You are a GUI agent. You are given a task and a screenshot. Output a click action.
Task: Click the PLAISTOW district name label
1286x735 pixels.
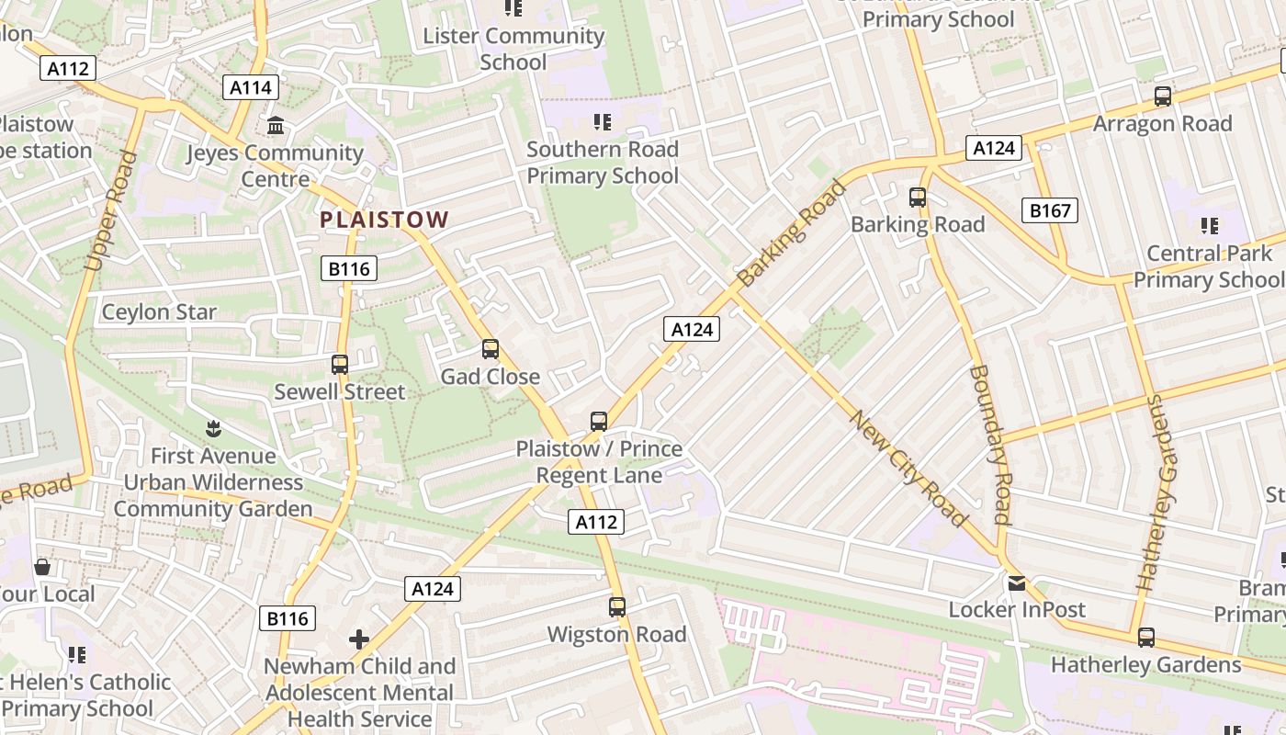coord(384,220)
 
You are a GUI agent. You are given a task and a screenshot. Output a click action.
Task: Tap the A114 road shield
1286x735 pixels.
coord(251,87)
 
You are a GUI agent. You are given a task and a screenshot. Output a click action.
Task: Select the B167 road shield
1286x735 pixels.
coord(1049,210)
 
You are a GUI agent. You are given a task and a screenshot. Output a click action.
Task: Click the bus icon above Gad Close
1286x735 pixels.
coord(491,349)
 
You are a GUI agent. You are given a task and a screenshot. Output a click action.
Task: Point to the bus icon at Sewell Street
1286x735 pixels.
coord(340,365)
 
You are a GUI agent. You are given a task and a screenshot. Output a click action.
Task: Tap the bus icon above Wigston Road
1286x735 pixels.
coord(617,607)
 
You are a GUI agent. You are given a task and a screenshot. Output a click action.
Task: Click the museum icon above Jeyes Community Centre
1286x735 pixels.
coord(275,125)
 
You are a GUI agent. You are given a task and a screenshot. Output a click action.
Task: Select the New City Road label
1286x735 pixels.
coord(908,469)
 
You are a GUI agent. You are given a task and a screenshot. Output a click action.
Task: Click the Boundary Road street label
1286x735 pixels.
coord(989,445)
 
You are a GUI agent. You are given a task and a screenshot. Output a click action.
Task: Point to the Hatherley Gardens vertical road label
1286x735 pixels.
coord(1156,492)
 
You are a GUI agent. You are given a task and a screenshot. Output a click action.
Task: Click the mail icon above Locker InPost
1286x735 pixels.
coord(1017,582)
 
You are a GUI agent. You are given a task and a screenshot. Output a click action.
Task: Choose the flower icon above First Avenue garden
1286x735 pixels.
coord(213,428)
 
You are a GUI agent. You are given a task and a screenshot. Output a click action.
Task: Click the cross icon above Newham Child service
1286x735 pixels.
coord(359,639)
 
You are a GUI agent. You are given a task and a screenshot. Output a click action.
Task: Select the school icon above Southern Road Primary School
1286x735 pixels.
coord(603,122)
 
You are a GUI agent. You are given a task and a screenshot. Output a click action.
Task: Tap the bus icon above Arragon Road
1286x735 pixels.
coord(1163,96)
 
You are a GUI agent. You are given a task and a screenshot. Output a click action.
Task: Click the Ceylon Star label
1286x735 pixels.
coord(159,311)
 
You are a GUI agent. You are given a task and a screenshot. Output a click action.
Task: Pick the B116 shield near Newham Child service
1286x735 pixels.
coord(288,618)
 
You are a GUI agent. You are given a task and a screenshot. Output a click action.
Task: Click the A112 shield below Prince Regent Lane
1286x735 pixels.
coord(596,522)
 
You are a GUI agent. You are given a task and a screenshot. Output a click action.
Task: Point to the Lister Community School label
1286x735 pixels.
coord(513,49)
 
